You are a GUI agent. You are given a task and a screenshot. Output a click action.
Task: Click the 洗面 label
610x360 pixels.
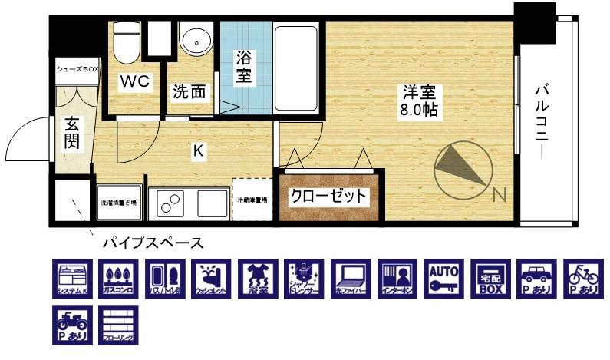[188, 92]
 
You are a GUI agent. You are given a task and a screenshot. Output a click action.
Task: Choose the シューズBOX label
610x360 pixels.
[77, 69]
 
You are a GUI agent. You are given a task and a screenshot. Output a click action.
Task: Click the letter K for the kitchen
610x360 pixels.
[197, 151]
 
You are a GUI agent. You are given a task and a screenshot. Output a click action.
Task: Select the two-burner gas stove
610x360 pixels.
[171, 203]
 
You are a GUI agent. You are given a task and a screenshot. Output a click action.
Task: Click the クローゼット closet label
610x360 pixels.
[328, 197]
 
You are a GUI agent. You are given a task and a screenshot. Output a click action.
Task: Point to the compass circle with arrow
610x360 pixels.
[460, 169]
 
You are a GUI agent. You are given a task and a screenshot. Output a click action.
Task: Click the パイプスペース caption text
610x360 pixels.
[153, 243]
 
